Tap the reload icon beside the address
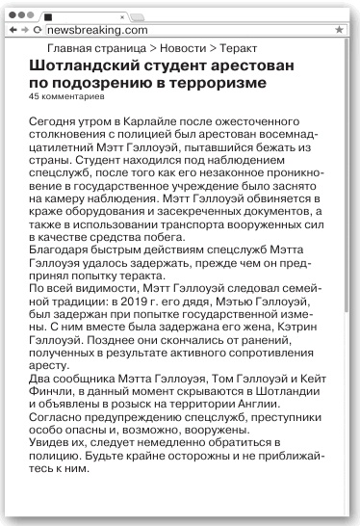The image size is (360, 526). click(x=35, y=31)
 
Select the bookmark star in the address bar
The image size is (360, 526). click(x=340, y=31)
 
